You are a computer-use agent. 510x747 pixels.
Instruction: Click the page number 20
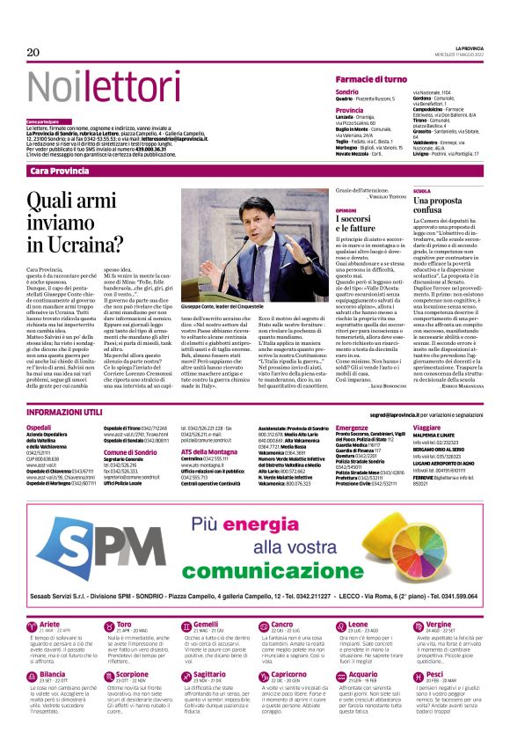point(33,53)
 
